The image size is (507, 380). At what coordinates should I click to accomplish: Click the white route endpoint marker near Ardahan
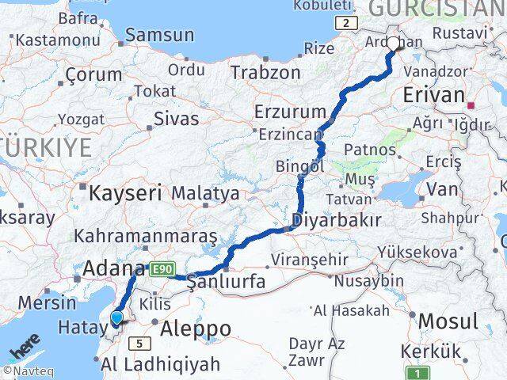pyautogui.click(x=394, y=43)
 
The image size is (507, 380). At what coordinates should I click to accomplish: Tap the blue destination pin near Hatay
pyautogui.click(x=116, y=317)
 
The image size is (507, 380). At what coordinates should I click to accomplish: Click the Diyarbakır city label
pyautogui.click(x=336, y=219)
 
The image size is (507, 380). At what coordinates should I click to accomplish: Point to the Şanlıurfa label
pyautogui.click(x=225, y=283)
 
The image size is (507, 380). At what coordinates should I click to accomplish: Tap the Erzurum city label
pyautogui.click(x=290, y=111)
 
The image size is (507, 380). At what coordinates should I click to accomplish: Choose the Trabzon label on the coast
pyautogui.click(x=265, y=72)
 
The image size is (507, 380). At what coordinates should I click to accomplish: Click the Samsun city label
pyautogui.click(x=159, y=35)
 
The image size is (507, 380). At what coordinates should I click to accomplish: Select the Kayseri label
pyautogui.click(x=125, y=192)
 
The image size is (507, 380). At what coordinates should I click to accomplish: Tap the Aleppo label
pyautogui.click(x=196, y=328)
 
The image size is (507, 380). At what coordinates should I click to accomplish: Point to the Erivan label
pyautogui.click(x=433, y=95)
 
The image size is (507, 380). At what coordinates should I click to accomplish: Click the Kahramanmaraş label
pyautogui.click(x=146, y=236)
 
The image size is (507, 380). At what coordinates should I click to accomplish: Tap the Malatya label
pyautogui.click(x=205, y=192)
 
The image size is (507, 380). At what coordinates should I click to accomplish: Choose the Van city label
pyautogui.click(x=442, y=188)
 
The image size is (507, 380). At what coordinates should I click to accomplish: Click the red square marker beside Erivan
pyautogui.click(x=471, y=104)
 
